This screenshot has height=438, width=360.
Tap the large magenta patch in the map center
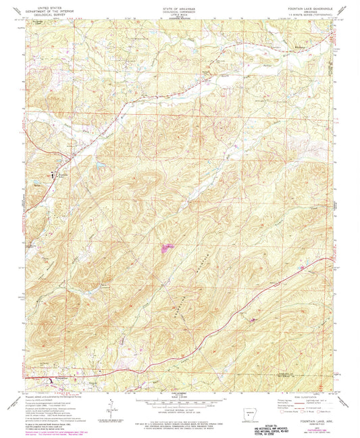[x=165, y=248]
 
